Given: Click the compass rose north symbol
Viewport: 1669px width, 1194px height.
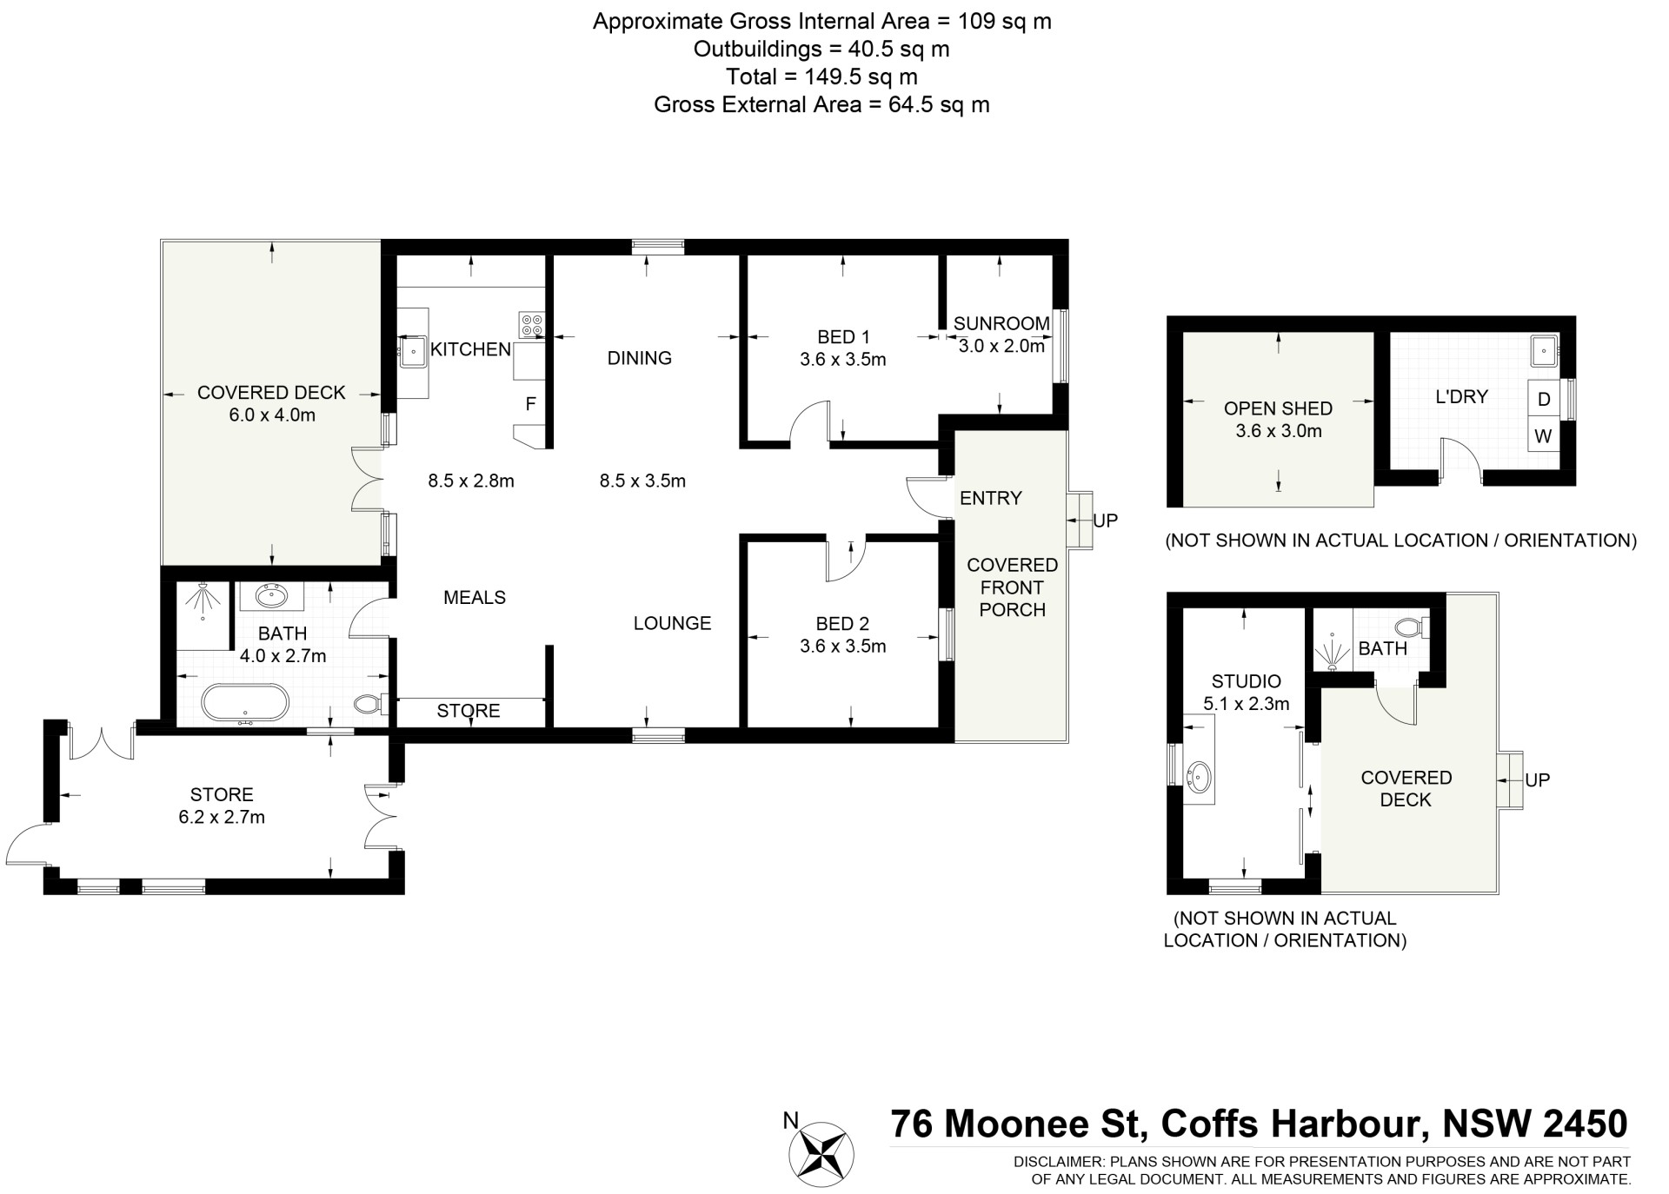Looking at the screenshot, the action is pos(821,1155).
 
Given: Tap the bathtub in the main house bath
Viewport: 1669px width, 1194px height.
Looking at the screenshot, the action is pos(244,703).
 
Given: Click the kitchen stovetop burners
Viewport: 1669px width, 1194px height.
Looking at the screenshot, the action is pos(531,324).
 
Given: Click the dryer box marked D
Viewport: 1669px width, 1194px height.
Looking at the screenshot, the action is pos(1544,399).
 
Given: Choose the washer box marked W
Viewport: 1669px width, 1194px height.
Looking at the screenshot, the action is pos(1544,436).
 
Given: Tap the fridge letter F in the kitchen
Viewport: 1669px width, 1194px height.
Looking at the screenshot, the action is pos(530,404).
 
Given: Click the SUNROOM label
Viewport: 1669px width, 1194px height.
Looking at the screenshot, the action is pos(1001,323).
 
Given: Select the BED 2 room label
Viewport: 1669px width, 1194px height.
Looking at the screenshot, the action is pos(842,623).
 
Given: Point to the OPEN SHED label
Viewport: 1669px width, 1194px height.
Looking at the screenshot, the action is pos(1278,408).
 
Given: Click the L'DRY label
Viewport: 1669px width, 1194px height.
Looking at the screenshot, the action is pos(1461,396).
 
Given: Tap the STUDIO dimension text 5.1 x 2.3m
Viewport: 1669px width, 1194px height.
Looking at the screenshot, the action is pos(1247,704).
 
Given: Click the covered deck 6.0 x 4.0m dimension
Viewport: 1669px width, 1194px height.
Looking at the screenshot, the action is pos(272,415).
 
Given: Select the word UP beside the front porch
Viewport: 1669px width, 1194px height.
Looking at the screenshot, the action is pos(1105,521).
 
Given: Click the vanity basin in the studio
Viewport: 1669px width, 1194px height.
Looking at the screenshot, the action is pos(1199,775).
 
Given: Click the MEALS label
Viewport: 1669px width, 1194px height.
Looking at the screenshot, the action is pos(475,597).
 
